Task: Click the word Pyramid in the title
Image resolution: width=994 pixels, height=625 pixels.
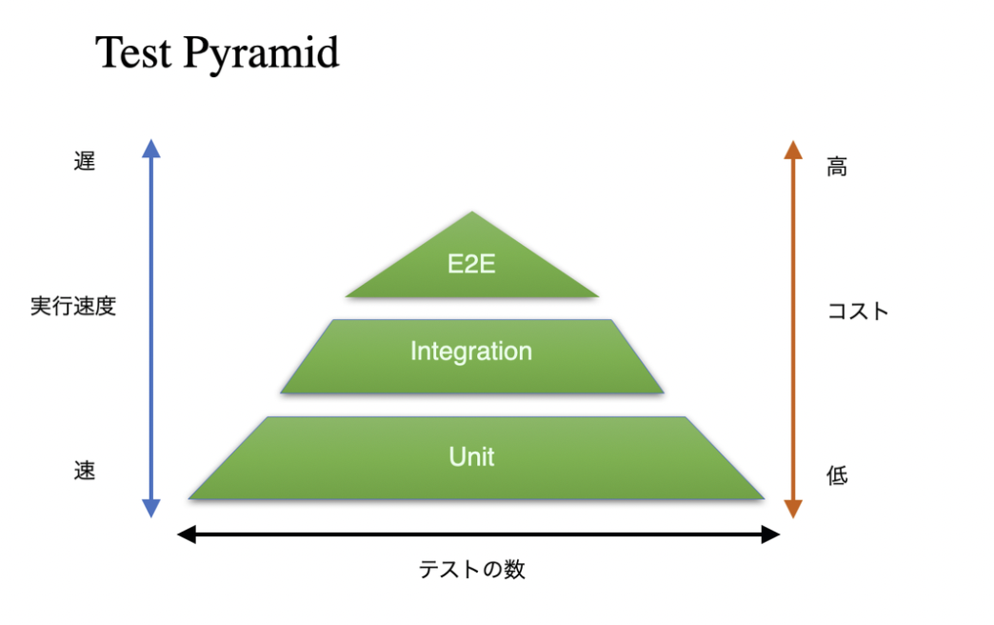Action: (x=261, y=54)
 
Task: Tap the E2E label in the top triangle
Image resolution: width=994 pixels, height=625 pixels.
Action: (x=471, y=264)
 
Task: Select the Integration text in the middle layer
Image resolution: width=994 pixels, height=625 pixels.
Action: (x=471, y=353)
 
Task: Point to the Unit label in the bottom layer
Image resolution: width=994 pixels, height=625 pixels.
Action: (x=471, y=457)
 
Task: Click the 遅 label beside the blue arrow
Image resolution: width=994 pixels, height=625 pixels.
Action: (x=85, y=161)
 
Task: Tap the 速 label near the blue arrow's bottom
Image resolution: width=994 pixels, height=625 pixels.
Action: (x=85, y=471)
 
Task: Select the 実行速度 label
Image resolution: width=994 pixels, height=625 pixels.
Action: (x=73, y=306)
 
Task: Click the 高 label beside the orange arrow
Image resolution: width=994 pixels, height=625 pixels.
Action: (x=837, y=167)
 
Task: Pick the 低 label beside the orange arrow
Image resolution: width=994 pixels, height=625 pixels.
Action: (x=837, y=474)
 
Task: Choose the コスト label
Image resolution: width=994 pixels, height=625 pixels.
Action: (x=859, y=311)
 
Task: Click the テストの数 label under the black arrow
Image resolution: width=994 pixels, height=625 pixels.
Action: (x=471, y=569)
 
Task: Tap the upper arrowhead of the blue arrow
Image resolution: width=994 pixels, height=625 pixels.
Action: (x=150, y=149)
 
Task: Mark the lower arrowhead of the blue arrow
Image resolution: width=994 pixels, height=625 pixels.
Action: (x=150, y=508)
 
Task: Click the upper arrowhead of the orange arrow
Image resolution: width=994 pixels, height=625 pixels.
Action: (x=793, y=150)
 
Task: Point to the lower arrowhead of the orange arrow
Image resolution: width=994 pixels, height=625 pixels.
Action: (x=793, y=509)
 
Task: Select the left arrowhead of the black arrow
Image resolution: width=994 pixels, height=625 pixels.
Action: (x=187, y=534)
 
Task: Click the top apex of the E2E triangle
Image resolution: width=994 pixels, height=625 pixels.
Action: (x=471, y=212)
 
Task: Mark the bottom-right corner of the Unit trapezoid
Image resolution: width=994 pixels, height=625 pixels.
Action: (x=765, y=498)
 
